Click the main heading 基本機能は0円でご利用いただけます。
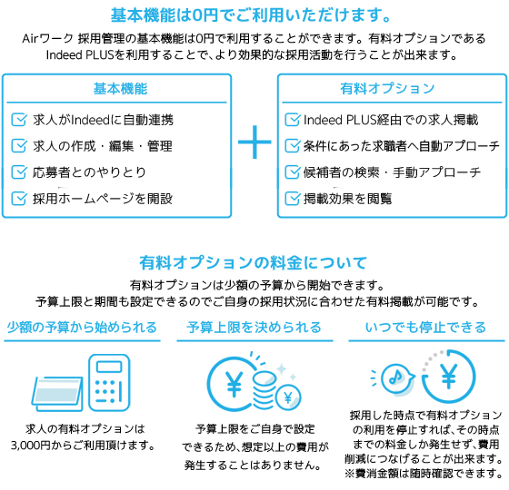[x=251, y=15]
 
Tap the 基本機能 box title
[x=120, y=89]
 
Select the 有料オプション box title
[x=387, y=89]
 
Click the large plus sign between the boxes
[x=254, y=142]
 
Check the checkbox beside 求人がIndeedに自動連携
[x=19, y=120]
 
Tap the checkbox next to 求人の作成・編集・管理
[x=19, y=146]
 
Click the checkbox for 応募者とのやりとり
[x=19, y=172]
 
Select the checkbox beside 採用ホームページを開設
[x=19, y=199]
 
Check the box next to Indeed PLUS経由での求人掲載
[x=292, y=120]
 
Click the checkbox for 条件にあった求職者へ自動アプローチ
[x=292, y=146]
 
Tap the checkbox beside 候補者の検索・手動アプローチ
[x=292, y=172]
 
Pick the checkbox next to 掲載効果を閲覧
[x=292, y=199]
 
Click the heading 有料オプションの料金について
[x=254, y=262]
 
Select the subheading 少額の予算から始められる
[x=82, y=328]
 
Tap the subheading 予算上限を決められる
[x=254, y=328]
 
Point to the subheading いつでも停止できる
[x=425, y=328]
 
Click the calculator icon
[x=109, y=382]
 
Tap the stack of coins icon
[x=264, y=390]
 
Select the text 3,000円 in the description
[x=31, y=446]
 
